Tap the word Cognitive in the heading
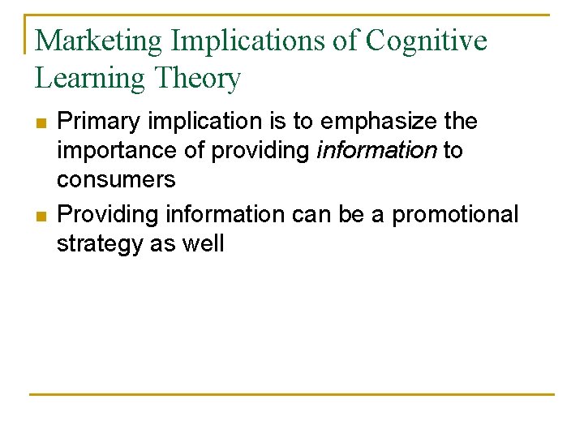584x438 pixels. [426, 40]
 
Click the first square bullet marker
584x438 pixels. [41, 123]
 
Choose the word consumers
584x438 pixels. [116, 179]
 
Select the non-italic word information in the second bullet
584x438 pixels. [224, 215]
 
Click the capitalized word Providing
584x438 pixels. [108, 215]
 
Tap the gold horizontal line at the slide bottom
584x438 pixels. [292, 394]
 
